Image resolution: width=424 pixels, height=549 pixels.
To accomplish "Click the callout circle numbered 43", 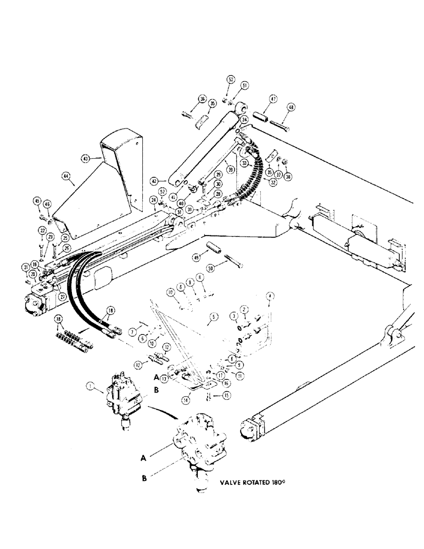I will point(85,158).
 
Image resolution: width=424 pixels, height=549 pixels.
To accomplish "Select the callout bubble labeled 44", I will point(66,176).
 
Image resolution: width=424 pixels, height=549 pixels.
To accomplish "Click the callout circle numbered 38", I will point(288,177).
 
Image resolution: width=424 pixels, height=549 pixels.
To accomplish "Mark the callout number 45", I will point(37,200).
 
